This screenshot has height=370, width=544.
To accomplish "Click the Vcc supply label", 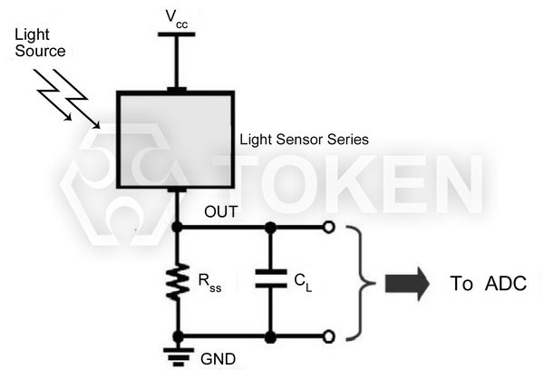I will (x=176, y=17).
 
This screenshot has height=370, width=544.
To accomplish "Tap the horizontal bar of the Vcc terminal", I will (x=177, y=34).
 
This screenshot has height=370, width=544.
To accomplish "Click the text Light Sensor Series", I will (x=304, y=141).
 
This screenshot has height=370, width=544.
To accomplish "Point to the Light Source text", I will (x=40, y=44).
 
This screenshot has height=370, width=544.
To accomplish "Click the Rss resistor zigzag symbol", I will (x=178, y=281).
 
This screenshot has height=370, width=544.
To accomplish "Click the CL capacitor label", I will (x=303, y=282).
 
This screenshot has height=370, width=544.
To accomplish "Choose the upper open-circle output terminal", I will (x=328, y=227).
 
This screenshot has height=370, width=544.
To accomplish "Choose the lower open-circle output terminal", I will (x=328, y=337).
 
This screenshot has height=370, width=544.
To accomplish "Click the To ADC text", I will (x=488, y=283).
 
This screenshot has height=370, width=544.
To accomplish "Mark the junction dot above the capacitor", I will (x=269, y=227).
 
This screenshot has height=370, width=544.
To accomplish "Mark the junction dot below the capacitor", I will (x=269, y=337).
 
